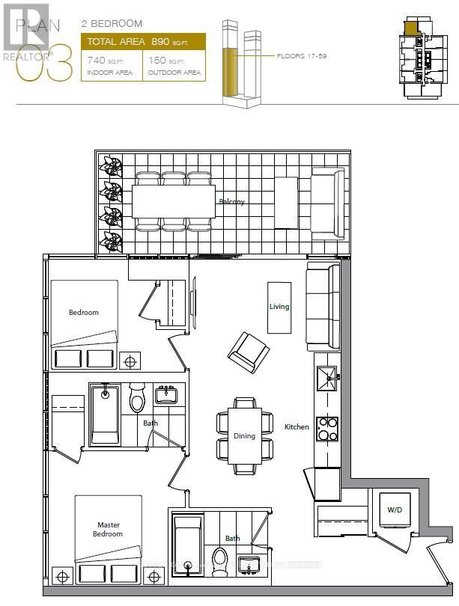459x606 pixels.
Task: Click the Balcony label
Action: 232,202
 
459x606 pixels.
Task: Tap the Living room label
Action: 279,307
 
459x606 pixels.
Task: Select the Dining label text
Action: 244,435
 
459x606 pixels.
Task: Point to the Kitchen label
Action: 297,427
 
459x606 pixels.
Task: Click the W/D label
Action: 394,511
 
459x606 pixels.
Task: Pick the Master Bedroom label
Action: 109,529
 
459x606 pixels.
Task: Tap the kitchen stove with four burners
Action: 328,428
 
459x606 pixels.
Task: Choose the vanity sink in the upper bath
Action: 165,394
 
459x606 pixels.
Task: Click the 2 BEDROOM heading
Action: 112,24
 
